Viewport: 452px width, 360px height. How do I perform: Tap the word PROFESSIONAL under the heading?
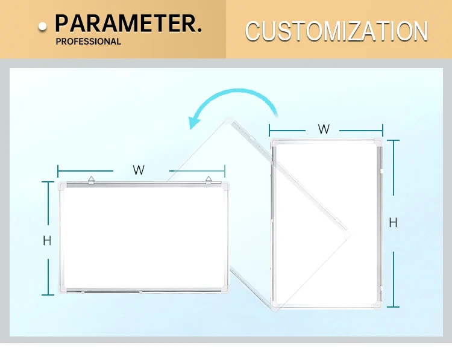tap(88, 42)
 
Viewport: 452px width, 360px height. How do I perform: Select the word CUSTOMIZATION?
tap(336, 31)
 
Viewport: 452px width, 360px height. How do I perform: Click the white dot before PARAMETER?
tap(43, 26)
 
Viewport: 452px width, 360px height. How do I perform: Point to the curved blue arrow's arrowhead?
tap(194, 123)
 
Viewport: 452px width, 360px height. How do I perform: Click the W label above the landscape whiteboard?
tap(139, 170)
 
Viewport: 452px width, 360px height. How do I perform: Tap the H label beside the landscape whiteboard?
tap(47, 241)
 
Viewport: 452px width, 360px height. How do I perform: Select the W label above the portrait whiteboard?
tap(324, 129)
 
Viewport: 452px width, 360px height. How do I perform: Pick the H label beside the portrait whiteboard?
tap(393, 223)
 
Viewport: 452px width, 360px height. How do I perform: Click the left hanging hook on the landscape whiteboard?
tap(91, 179)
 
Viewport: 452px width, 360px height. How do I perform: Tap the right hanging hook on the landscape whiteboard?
tap(208, 179)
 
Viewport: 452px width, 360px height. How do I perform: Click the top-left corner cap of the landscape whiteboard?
tap(63, 187)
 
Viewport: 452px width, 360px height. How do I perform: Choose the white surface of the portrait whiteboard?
tap(325, 223)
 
